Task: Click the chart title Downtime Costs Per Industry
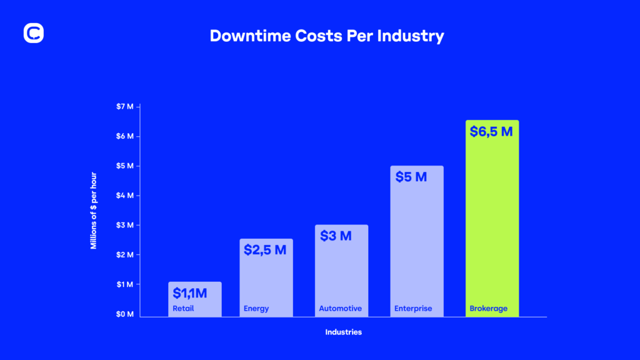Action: pos(327,36)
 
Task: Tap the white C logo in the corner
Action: pos(34,34)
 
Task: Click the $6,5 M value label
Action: pos(492,132)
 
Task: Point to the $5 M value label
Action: pos(411,177)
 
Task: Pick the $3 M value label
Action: pos(336,236)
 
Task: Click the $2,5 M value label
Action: pos(265,250)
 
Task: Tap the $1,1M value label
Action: pos(190,293)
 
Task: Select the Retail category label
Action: pos(184,308)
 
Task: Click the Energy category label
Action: pos(256,308)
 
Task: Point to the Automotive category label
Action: pos(340,308)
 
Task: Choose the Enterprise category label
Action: pos(413,308)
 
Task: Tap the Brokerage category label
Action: pos(488,308)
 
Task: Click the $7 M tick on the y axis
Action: pos(125,106)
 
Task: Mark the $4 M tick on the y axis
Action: pos(125,195)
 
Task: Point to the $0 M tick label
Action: pos(125,314)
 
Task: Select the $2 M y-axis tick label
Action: pos(125,254)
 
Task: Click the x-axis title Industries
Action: pos(343,332)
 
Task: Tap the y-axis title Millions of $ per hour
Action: pos(94,210)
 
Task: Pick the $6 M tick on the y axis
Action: pos(125,136)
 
